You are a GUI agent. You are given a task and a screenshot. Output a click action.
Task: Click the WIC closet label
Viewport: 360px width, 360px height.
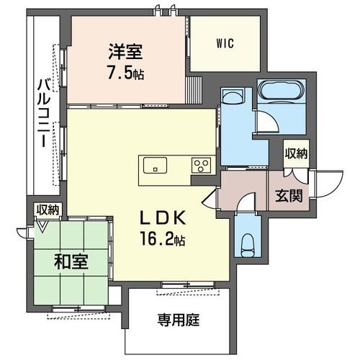click(225, 43)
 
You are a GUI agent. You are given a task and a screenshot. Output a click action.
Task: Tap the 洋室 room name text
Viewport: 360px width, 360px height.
click(125, 52)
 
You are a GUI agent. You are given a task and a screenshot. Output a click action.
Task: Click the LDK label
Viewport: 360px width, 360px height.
click(163, 217)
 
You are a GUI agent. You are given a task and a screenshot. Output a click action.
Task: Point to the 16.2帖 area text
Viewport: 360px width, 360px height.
click(163, 239)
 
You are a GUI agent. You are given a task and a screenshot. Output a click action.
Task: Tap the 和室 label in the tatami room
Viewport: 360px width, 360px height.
click(71, 261)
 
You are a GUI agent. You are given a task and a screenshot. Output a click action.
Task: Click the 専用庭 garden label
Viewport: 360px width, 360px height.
click(179, 320)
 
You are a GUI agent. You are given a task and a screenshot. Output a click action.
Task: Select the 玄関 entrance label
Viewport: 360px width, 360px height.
click(289, 196)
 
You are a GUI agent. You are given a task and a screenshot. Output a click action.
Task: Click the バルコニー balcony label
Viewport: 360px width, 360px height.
click(44, 113)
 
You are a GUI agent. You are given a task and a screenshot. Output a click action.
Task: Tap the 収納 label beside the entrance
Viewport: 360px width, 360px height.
click(296, 153)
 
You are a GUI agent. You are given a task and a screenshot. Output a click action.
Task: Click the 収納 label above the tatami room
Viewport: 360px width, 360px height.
click(48, 210)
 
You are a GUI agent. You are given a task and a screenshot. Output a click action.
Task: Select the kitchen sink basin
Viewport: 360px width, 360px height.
click(155, 165)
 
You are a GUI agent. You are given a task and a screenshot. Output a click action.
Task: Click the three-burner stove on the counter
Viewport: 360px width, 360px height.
click(201, 166)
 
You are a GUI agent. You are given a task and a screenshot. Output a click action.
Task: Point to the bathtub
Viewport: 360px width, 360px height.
click(282, 89)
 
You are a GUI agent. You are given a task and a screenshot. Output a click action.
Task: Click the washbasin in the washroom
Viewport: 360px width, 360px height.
click(233, 96)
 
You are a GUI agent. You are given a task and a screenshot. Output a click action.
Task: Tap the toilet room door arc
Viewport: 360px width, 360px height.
click(246, 199)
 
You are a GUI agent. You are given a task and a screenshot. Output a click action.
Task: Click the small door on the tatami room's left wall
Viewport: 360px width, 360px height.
click(22, 233)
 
